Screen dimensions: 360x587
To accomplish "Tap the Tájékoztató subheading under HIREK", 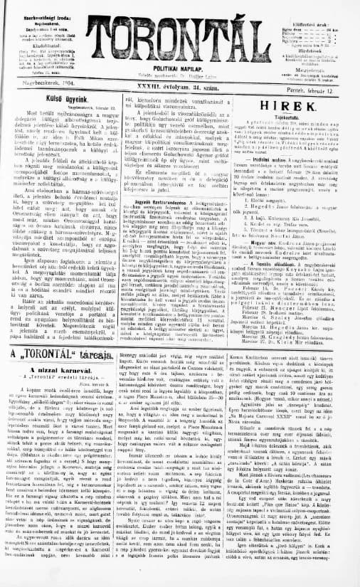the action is pyautogui.click(x=295, y=119).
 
